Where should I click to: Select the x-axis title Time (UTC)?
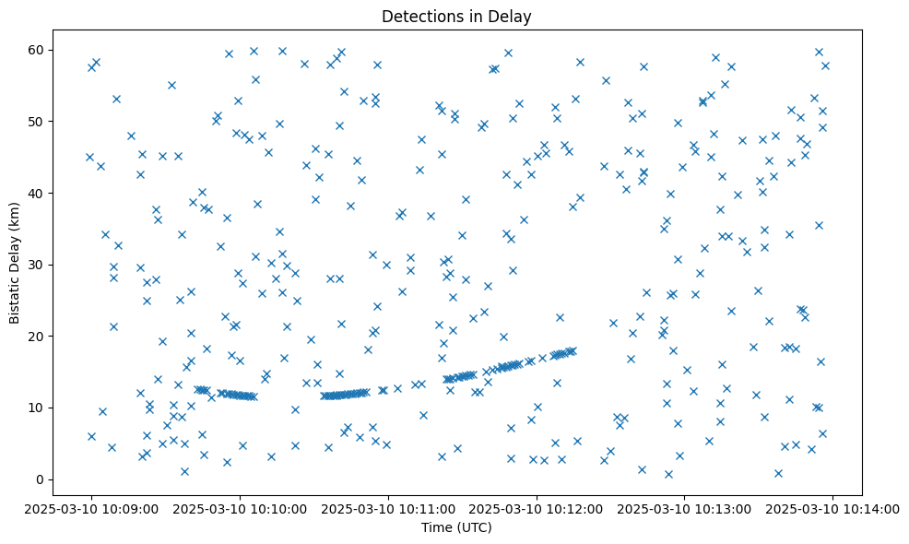coord(456,527)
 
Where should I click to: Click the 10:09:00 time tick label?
coord(91,508)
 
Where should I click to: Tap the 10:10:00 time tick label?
coord(240,508)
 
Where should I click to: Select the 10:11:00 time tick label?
coord(388,508)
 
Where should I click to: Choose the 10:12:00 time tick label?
coord(537,508)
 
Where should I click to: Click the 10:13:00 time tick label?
coord(685,508)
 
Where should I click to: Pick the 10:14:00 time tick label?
coord(833,508)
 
